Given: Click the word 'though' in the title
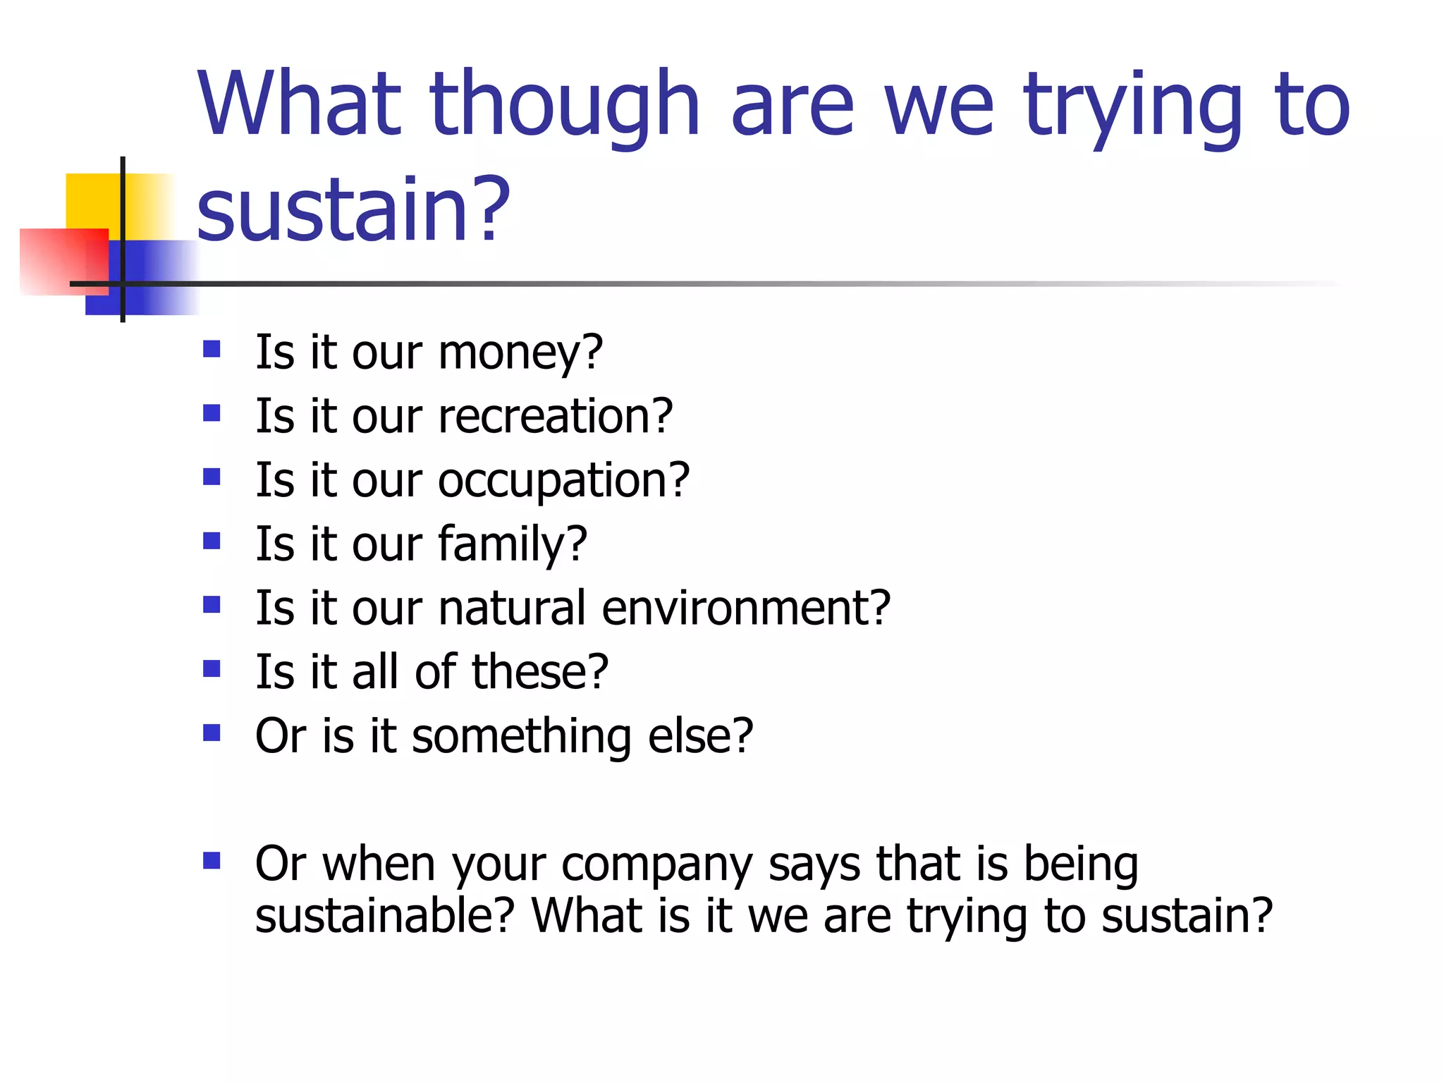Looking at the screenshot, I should (x=564, y=106).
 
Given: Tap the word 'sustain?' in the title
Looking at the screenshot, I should (x=353, y=209).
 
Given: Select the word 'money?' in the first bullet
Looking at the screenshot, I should (x=520, y=352).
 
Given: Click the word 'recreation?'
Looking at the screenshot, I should (x=556, y=415).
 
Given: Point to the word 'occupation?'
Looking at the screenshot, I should (x=563, y=479).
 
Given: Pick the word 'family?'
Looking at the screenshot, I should (x=512, y=544).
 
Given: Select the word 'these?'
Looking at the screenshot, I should (x=539, y=671).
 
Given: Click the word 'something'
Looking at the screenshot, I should (x=521, y=735).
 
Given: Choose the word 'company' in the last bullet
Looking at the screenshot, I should (x=656, y=864).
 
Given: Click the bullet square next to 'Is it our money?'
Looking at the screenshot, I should (x=212, y=349).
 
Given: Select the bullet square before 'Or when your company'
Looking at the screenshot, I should (x=212, y=861).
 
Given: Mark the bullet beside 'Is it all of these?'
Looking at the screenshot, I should (x=212, y=668).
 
